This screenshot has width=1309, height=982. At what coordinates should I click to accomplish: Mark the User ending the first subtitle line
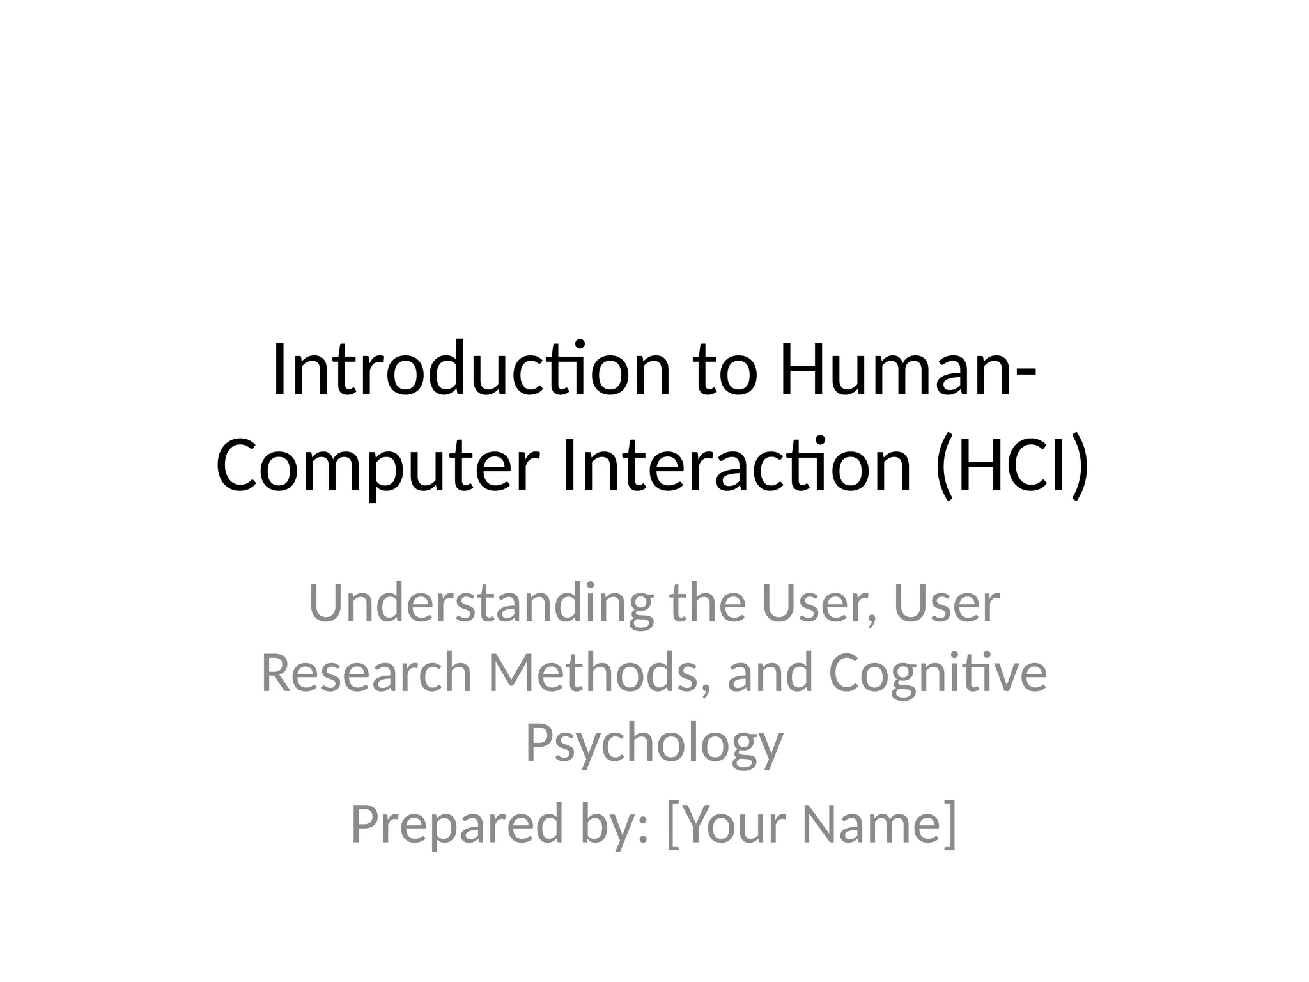tap(947, 604)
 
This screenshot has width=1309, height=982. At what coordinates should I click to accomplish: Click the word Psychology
tap(654, 744)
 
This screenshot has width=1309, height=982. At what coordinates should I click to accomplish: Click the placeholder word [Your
tap(726, 825)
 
